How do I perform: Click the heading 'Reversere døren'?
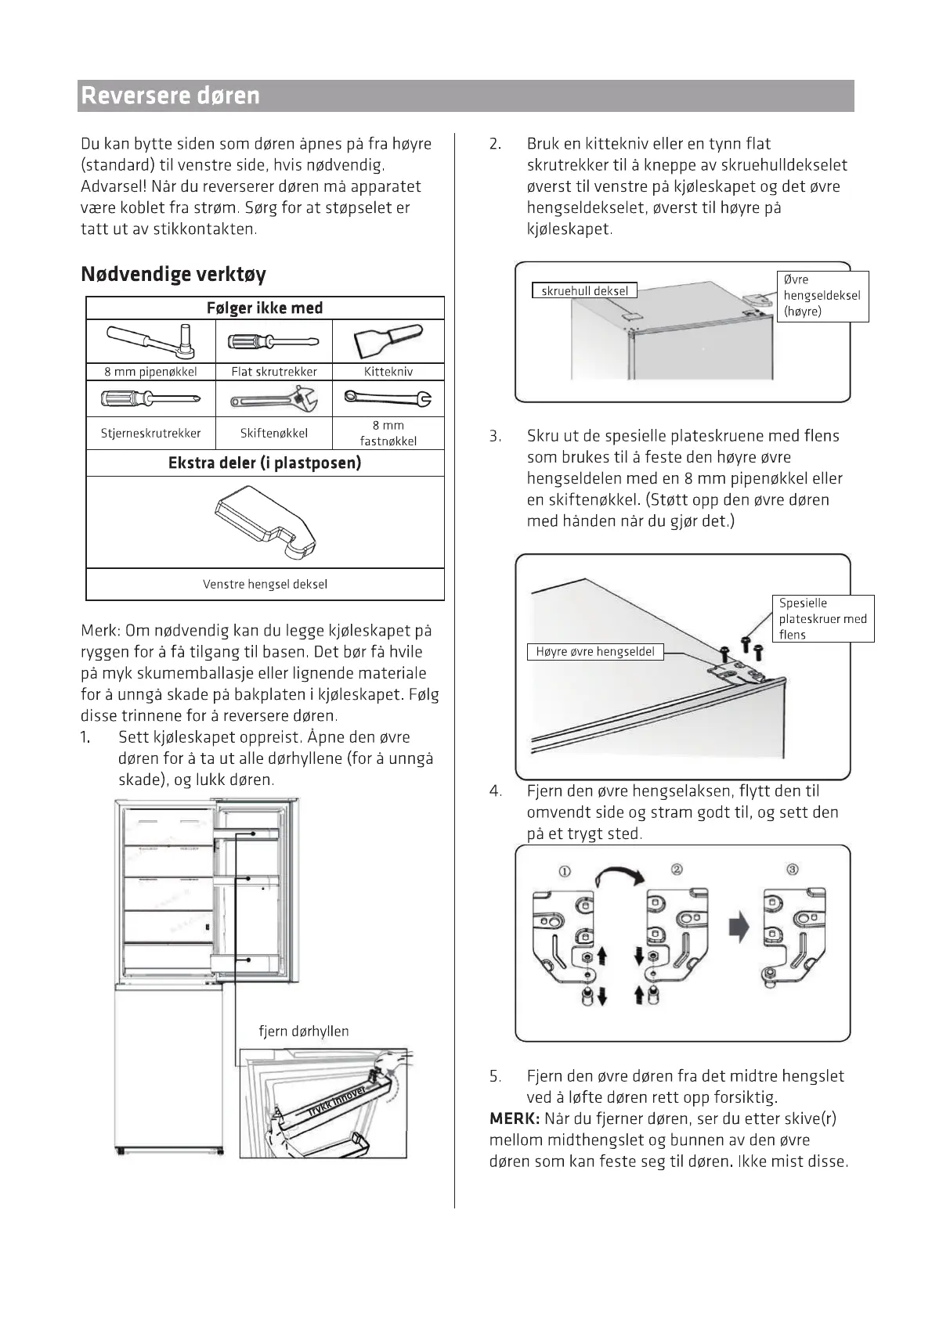point(171,95)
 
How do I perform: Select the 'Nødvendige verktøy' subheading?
point(173,274)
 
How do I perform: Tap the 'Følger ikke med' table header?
point(265,308)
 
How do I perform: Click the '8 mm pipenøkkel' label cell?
point(150,372)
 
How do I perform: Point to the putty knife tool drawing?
point(388,342)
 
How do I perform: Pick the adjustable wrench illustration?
point(274,399)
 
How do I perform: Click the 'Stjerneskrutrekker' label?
point(150,433)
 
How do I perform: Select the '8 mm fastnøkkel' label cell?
point(388,433)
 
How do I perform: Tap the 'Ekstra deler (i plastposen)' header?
point(265,463)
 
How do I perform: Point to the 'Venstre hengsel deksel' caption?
point(265,584)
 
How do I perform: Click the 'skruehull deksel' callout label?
point(584,290)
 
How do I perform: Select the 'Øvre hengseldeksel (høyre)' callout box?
point(822,296)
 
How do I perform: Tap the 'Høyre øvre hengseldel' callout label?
point(595,651)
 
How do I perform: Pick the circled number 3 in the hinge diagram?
point(793,870)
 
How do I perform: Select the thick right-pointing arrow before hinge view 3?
point(739,928)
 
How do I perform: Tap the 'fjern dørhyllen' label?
point(304,1031)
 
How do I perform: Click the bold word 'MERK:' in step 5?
point(515,1118)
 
